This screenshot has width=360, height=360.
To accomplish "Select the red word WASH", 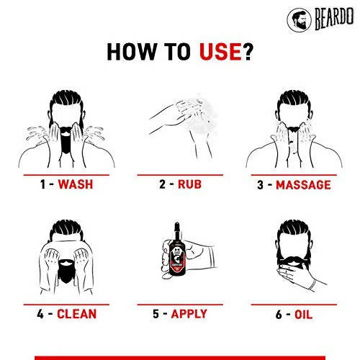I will [76, 184].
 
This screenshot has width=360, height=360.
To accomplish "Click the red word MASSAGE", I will [302, 185].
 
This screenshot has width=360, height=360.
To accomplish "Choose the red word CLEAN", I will [77, 314].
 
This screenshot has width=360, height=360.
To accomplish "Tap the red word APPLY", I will [189, 314].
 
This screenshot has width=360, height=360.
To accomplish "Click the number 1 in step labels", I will [43, 184].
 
